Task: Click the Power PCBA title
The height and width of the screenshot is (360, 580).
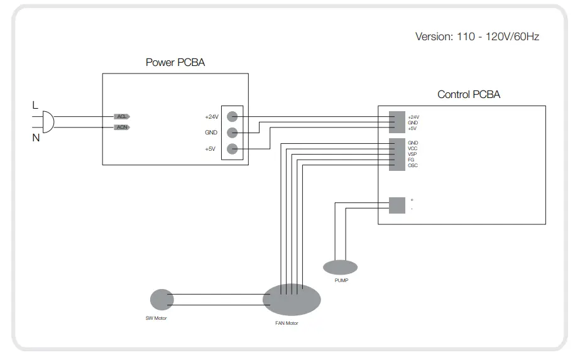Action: coord(175,62)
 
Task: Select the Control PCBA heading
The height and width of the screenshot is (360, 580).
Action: coord(469,95)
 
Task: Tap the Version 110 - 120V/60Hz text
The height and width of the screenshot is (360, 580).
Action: coord(477,36)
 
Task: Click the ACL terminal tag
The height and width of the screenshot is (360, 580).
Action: coord(122,116)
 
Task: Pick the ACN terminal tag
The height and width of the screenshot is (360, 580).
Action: coord(122,128)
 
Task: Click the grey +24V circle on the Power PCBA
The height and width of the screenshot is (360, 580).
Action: coord(232,116)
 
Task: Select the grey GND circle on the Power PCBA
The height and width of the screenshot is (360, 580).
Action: coord(232,133)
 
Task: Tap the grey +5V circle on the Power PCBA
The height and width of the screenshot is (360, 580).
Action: coord(232,149)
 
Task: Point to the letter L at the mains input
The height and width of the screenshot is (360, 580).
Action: coord(35,106)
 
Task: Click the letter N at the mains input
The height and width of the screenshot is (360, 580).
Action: coord(36,138)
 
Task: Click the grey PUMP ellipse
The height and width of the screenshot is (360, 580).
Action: coord(340,268)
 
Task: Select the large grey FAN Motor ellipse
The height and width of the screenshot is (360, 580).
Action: coord(292,299)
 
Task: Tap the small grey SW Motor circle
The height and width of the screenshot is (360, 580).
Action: coord(161,300)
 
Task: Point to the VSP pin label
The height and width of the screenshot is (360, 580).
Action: coord(412,154)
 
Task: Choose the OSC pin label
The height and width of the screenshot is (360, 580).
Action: coord(412,165)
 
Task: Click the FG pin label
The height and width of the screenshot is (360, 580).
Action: coord(411,160)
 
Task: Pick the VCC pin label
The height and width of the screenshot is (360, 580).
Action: coord(412,148)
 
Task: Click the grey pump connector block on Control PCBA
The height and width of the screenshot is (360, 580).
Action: coord(397,205)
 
